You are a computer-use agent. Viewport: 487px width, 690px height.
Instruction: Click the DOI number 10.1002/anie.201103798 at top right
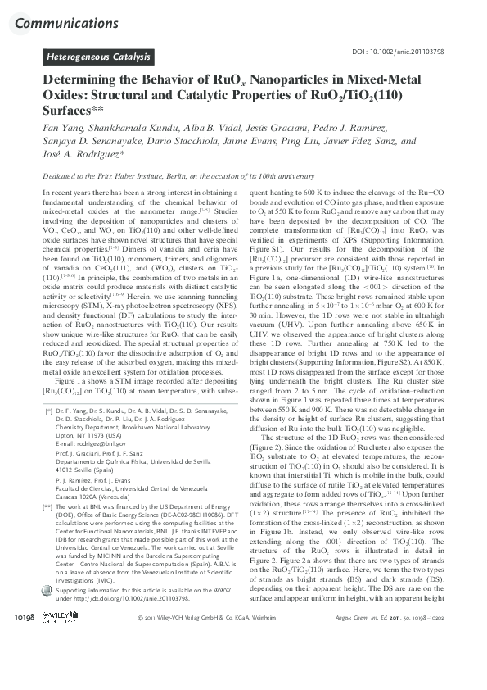tap(415, 52)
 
